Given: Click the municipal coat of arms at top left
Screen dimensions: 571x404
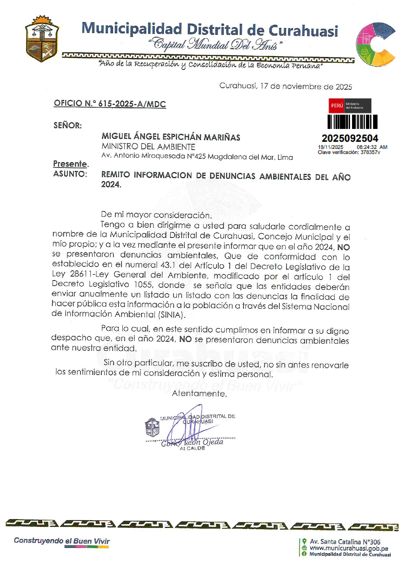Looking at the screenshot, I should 42,39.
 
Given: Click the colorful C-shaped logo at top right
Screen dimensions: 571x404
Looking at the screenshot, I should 375,44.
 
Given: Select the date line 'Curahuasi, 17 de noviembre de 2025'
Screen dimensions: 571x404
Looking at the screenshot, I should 286,86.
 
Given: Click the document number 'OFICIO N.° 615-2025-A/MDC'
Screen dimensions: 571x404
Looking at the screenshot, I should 110,104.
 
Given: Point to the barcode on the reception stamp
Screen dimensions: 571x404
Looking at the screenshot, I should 352,122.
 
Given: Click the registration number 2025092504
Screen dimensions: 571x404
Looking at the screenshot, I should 350,138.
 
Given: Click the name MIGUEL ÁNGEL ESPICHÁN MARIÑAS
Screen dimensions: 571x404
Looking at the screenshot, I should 171,137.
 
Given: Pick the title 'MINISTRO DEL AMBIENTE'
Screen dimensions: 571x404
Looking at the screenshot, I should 148,147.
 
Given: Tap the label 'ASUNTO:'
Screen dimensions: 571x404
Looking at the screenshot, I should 70,174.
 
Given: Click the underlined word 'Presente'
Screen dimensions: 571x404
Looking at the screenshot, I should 70,164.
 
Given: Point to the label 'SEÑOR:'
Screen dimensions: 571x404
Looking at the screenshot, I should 68,125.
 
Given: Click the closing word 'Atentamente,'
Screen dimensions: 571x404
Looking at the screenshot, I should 199,393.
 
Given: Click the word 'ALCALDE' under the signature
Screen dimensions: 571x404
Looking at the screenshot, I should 192,448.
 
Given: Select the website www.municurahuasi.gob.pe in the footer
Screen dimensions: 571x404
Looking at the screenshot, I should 349,548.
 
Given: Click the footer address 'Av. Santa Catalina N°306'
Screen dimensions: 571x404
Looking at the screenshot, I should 345,542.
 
